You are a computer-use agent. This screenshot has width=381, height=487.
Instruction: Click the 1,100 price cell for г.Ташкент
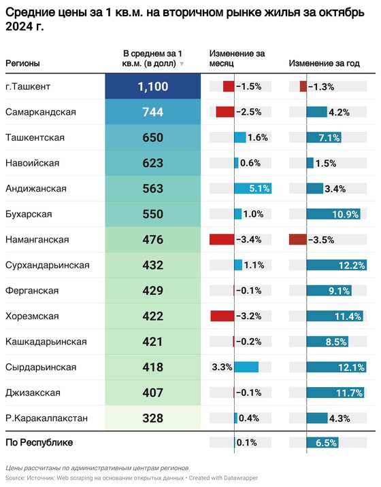(x=153, y=86)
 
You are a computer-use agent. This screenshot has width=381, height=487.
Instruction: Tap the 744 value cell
(x=153, y=112)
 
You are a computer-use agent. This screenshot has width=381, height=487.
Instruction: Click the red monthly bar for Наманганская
(x=222, y=240)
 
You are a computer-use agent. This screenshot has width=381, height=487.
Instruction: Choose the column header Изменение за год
(x=324, y=63)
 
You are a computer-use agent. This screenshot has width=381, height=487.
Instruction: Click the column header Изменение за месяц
(x=237, y=58)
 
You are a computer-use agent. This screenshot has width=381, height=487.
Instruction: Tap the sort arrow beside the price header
(x=182, y=64)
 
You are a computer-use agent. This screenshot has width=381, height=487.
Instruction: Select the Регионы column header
(x=22, y=63)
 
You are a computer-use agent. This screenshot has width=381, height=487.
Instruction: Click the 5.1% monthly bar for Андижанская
(x=252, y=189)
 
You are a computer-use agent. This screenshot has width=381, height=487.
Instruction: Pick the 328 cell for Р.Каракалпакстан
(x=153, y=418)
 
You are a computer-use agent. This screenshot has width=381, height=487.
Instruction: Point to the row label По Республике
(x=39, y=443)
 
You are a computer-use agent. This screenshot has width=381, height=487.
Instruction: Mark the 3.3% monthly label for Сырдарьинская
(x=222, y=367)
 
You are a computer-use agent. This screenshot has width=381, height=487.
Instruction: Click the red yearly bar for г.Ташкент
(x=303, y=86)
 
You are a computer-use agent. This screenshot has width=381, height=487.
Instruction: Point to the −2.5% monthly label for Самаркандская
(x=248, y=112)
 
